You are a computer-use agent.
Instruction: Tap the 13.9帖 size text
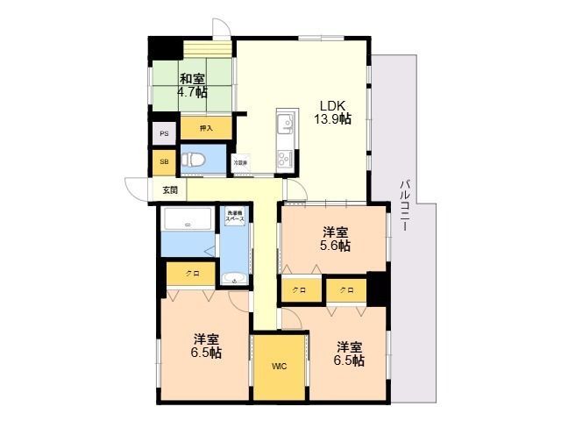click(335, 118)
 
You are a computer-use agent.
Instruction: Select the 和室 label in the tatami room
click(193, 78)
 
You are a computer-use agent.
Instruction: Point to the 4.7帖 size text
click(193, 91)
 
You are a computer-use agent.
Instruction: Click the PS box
click(163, 134)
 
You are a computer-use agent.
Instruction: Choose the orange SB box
click(163, 163)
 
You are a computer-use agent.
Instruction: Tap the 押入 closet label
click(206, 129)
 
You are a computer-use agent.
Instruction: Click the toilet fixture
click(199, 161)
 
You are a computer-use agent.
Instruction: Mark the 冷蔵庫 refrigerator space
click(239, 163)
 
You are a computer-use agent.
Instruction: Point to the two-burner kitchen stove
click(287, 160)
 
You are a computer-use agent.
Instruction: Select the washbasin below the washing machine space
click(233, 279)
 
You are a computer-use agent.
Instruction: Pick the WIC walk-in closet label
click(278, 366)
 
